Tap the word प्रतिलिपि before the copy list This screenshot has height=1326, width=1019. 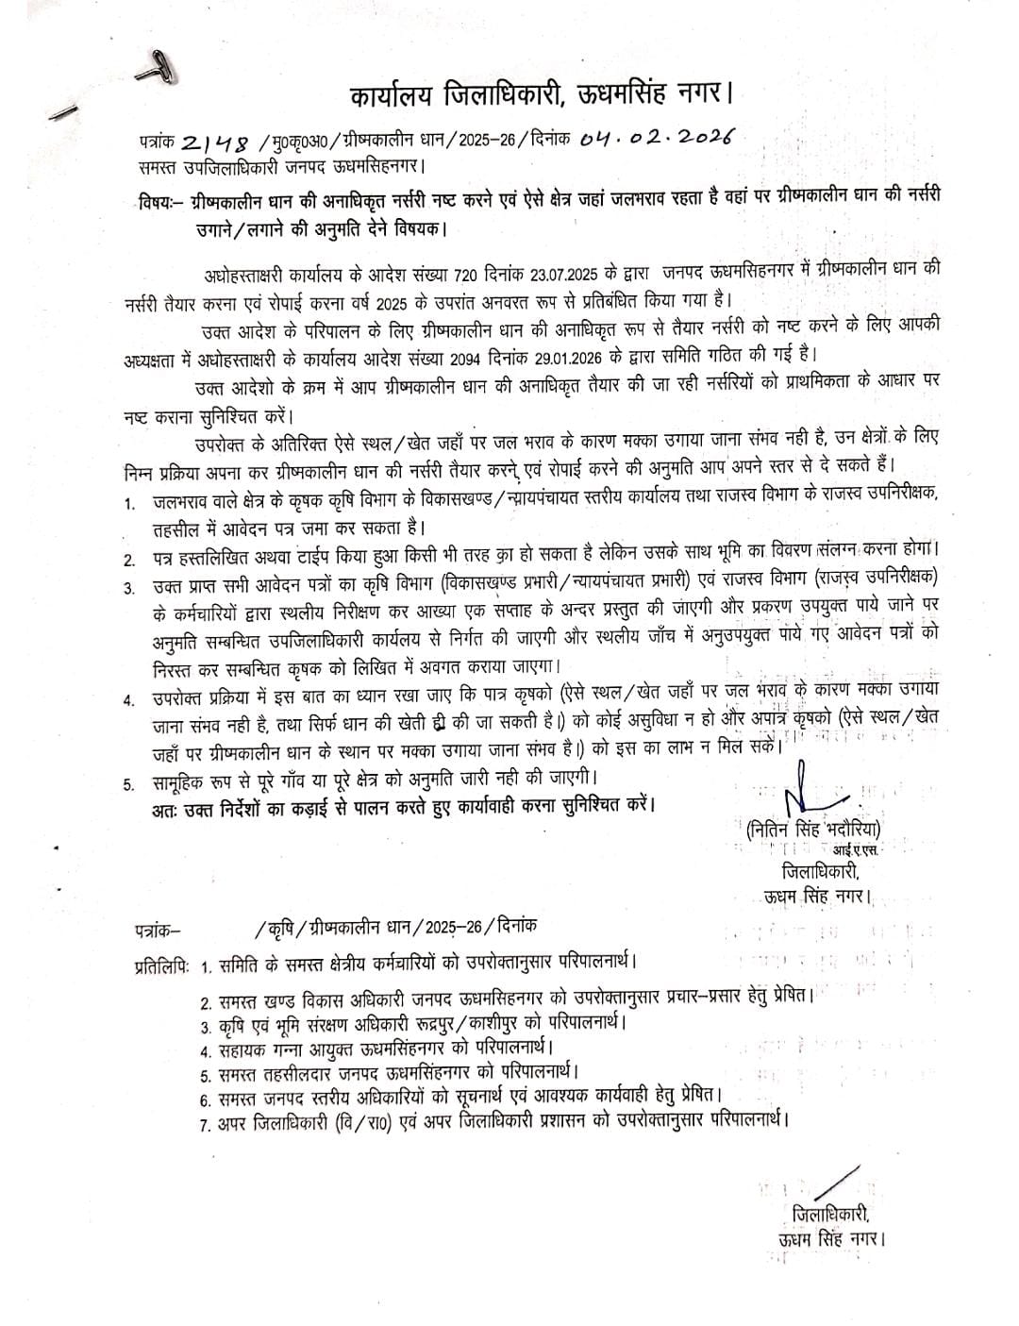coord(161,965)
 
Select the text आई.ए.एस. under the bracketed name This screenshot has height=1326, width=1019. coord(852,853)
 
